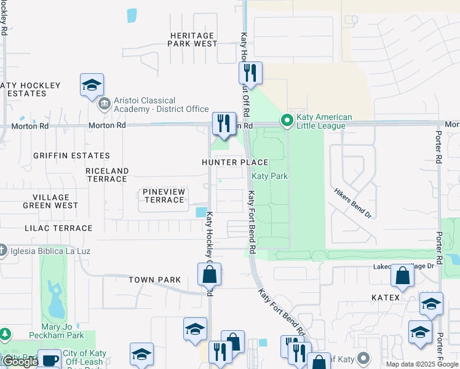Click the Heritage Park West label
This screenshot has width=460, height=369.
click(193, 40)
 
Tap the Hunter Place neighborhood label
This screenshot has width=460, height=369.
click(236, 162)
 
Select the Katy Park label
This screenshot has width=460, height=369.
click(269, 176)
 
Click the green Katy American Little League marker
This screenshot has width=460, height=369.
click(286, 121)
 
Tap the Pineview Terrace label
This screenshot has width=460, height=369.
click(164, 196)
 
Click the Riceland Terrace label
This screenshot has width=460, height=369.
click(107, 175)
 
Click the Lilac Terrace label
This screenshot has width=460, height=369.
click(58, 228)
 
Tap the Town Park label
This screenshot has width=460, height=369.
click(155, 280)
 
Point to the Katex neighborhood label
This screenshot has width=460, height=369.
click(386, 298)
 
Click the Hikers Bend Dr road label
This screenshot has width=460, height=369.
click(354, 202)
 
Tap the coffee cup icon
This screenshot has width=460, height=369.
click(49, 360)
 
